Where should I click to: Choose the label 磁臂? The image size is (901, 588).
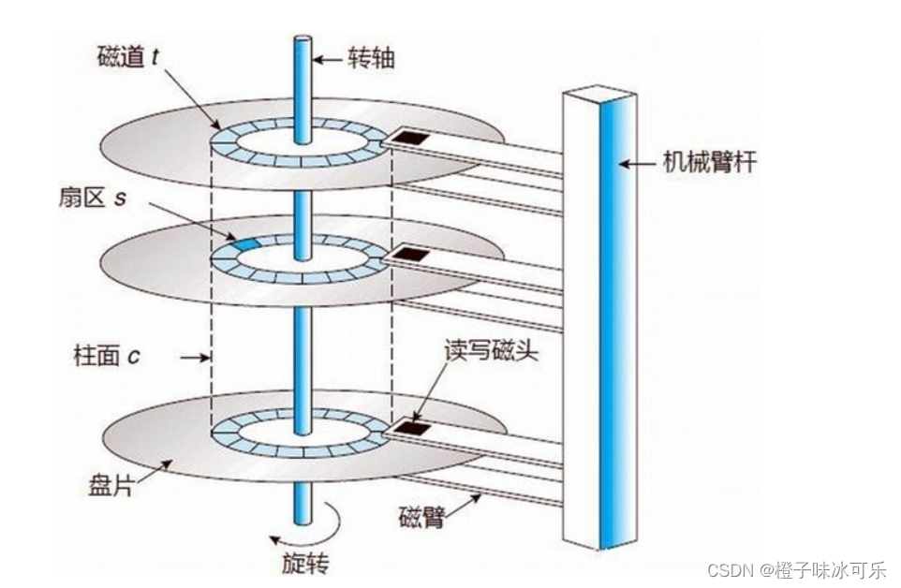pos(421,516)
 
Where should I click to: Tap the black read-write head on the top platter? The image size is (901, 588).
pos(410,138)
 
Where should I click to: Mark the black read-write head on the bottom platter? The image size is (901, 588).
pos(410,427)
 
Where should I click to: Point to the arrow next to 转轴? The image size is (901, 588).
pos(327,59)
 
